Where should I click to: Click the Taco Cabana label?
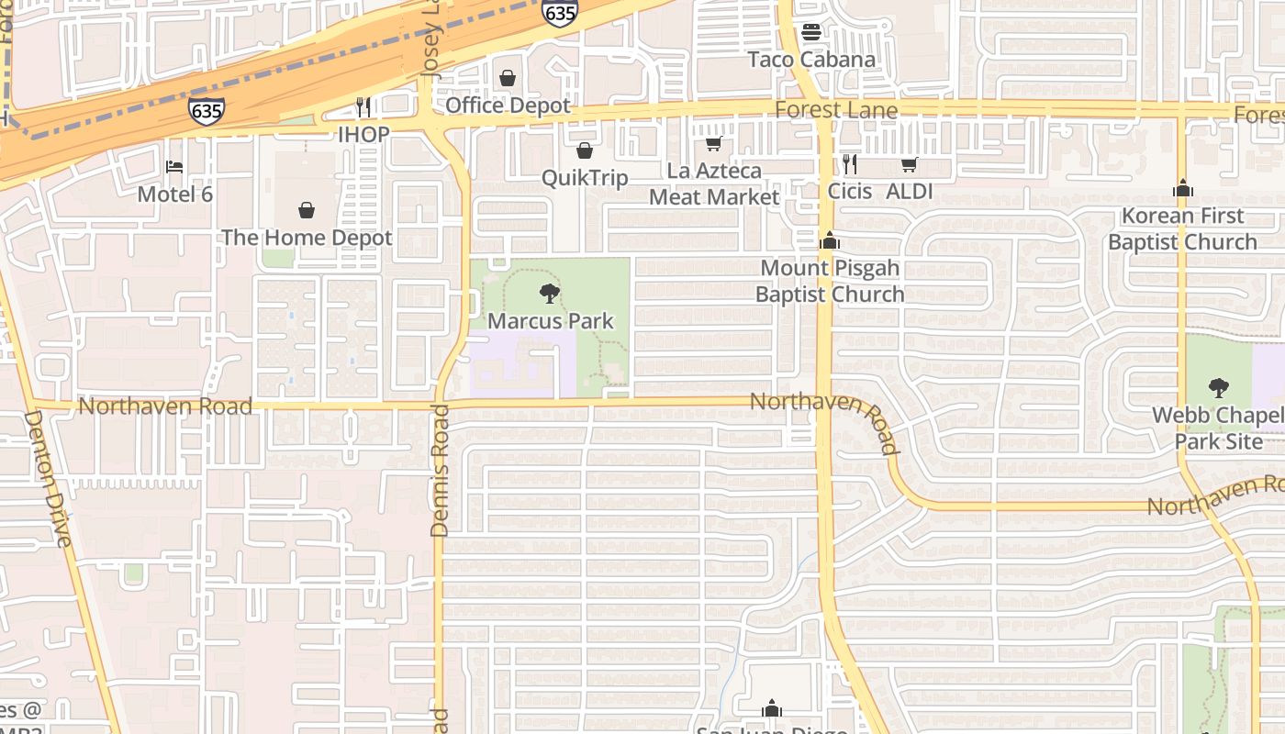click(x=811, y=60)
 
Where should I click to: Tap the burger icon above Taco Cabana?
click(x=810, y=32)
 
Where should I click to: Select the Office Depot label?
click(x=508, y=106)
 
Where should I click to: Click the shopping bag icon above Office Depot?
click(x=507, y=78)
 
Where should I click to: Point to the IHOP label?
click(x=363, y=134)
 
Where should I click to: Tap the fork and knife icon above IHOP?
click(x=363, y=107)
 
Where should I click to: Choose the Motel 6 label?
click(x=174, y=194)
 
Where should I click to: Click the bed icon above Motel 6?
click(x=174, y=167)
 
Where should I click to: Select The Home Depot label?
click(x=307, y=238)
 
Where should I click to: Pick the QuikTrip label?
click(x=585, y=177)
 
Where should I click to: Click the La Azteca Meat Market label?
click(x=714, y=183)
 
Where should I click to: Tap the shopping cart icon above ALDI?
click(x=909, y=165)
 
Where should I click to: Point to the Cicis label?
click(x=849, y=191)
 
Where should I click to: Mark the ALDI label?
click(x=909, y=191)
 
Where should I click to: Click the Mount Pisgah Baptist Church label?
click(x=830, y=281)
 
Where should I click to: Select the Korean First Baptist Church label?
click(x=1182, y=228)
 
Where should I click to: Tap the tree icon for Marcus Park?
click(x=550, y=294)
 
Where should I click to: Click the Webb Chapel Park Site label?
click(x=1219, y=428)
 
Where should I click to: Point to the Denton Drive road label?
click(x=48, y=478)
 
